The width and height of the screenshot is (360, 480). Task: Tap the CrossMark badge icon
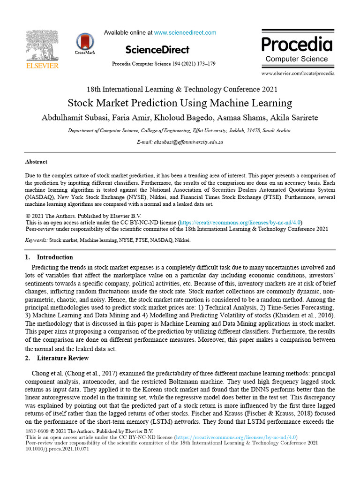tap(84, 42)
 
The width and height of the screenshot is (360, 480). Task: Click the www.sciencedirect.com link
tap(185, 33)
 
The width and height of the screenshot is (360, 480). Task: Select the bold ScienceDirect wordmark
tap(157, 50)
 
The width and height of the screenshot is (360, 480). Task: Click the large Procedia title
tap(296, 45)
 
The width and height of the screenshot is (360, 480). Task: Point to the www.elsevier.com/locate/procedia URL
tap(298, 74)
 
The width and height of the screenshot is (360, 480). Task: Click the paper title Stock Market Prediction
tap(180, 103)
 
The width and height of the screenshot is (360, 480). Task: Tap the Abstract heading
tap(36, 162)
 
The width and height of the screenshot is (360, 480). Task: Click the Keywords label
tap(36, 240)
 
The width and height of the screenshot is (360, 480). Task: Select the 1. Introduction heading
tap(49, 257)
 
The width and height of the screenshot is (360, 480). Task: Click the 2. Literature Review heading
tap(56, 358)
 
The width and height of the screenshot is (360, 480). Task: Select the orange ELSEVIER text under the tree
tap(42, 66)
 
